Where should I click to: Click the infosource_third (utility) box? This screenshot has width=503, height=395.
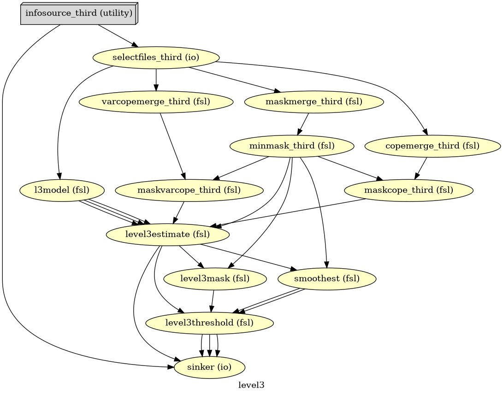click(x=79, y=13)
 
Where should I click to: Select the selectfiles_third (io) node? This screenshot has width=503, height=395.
click(x=156, y=58)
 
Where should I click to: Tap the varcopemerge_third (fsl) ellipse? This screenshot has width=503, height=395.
click(x=156, y=102)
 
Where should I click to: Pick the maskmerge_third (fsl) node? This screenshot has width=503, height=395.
click(x=314, y=102)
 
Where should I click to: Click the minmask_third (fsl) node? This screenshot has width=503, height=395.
click(x=292, y=146)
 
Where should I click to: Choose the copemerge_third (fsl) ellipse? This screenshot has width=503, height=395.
click(x=432, y=146)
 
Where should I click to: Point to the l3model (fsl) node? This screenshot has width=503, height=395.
click(x=62, y=190)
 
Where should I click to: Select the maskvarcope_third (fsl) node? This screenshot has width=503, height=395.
click(x=189, y=190)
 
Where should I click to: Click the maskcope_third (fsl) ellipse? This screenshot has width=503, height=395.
click(x=408, y=190)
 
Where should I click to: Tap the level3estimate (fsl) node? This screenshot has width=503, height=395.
click(x=167, y=235)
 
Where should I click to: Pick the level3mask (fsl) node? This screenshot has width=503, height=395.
click(x=215, y=279)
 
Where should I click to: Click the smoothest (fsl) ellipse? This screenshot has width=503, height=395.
click(x=327, y=279)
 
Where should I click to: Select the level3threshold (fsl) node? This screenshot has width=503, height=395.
click(x=209, y=323)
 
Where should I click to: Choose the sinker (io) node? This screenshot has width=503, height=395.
click(x=209, y=367)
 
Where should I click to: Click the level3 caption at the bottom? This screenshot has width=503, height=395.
click(x=251, y=385)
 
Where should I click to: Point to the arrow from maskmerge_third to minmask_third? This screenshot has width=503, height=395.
click(x=303, y=124)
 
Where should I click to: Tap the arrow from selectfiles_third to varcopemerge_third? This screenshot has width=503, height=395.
click(x=156, y=80)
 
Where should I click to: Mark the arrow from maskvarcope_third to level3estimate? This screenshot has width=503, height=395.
click(x=178, y=212)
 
